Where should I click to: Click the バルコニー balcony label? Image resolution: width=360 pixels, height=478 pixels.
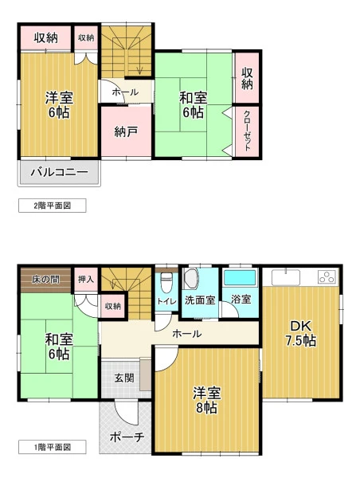click(x=60, y=173)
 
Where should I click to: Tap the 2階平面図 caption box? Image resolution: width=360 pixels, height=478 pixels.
click(x=52, y=206)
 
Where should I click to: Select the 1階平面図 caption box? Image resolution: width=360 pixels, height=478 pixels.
click(x=52, y=447)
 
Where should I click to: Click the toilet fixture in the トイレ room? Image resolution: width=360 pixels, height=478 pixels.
click(x=166, y=282)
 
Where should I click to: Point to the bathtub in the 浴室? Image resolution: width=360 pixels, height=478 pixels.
click(x=240, y=277)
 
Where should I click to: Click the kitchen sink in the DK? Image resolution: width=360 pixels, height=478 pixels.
click(x=286, y=276)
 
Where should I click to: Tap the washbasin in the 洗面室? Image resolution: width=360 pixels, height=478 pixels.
click(x=190, y=278)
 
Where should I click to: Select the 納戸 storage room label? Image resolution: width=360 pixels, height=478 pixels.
click(x=126, y=131)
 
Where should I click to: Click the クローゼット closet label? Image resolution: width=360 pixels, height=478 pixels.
click(x=247, y=131)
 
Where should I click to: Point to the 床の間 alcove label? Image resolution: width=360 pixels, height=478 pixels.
click(x=45, y=280)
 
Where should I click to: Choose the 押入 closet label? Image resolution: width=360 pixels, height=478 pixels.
click(x=86, y=279)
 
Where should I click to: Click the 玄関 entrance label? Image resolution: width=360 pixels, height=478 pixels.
click(x=124, y=378)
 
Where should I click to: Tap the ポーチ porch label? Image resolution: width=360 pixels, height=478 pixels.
click(x=127, y=437)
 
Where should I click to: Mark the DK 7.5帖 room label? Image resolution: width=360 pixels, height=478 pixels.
click(x=300, y=334)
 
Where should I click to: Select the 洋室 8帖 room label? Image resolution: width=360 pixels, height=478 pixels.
click(x=206, y=400)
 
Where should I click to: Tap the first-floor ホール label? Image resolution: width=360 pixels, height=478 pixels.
click(x=187, y=334)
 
